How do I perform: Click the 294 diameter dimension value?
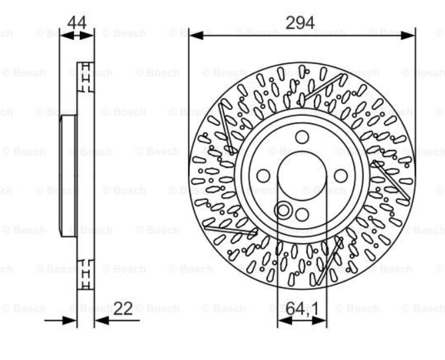[x=300, y=23]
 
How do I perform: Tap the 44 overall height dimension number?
[x=77, y=23]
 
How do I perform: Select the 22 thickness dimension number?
[x=123, y=309]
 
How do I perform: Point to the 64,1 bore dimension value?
[x=302, y=309]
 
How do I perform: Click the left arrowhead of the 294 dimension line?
[x=196, y=35]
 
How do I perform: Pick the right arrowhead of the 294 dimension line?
[x=408, y=35]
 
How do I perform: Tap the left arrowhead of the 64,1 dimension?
[x=284, y=321]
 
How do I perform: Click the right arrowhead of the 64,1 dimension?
[x=320, y=321]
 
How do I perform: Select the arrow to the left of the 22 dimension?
[x=61, y=321]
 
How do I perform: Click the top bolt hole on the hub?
[x=302, y=137]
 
